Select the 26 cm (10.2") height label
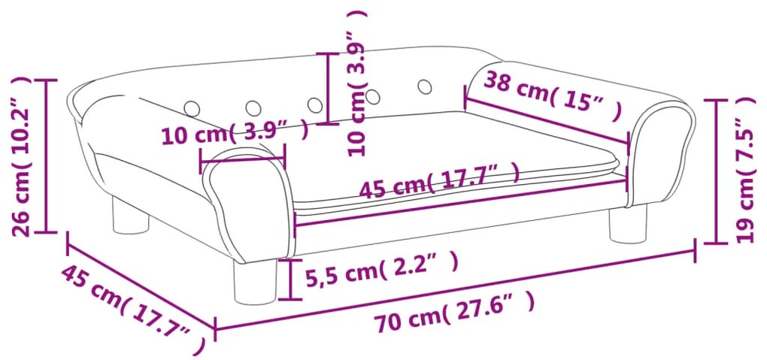(x=22, y=156)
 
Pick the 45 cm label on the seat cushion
(x=439, y=180)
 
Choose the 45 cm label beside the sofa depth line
(x=133, y=309)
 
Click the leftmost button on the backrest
(x=193, y=108)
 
